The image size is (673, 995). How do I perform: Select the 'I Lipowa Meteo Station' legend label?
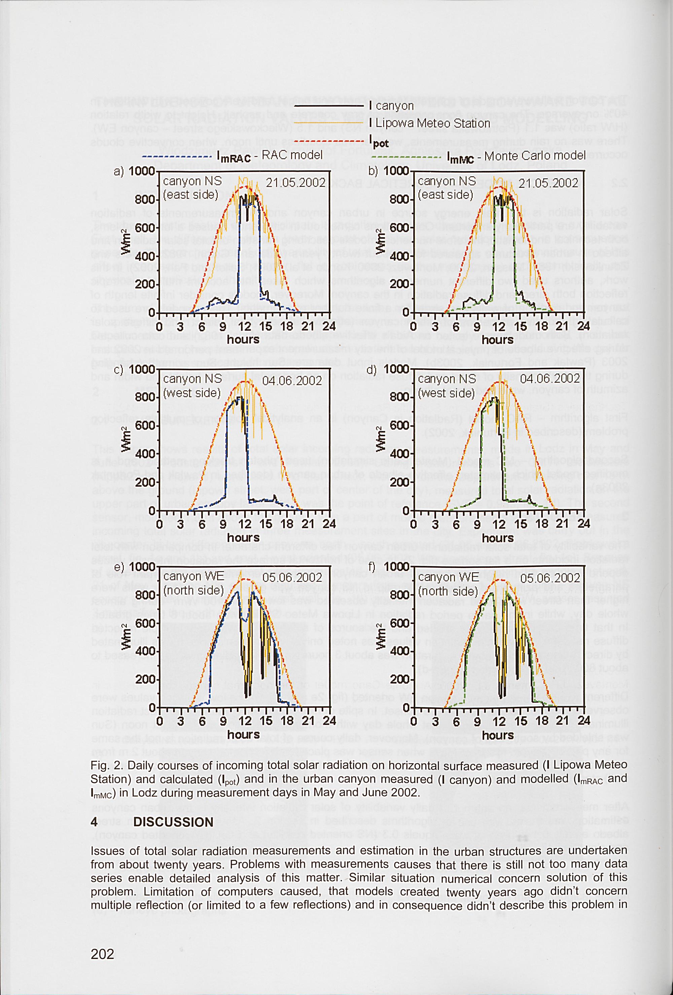tap(429, 123)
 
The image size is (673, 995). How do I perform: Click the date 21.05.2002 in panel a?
tap(295, 183)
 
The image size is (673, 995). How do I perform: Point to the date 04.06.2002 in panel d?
tap(550, 379)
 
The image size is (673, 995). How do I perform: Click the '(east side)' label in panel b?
tap(445, 195)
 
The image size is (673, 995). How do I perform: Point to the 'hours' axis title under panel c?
tap(243, 537)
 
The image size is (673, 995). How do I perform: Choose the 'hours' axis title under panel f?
tap(497, 735)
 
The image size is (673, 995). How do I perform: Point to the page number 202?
tap(102, 954)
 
